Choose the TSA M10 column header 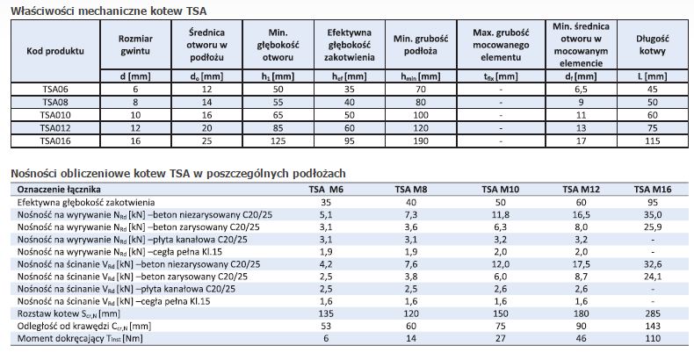point(500,189)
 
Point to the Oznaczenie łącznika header point(59,189)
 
